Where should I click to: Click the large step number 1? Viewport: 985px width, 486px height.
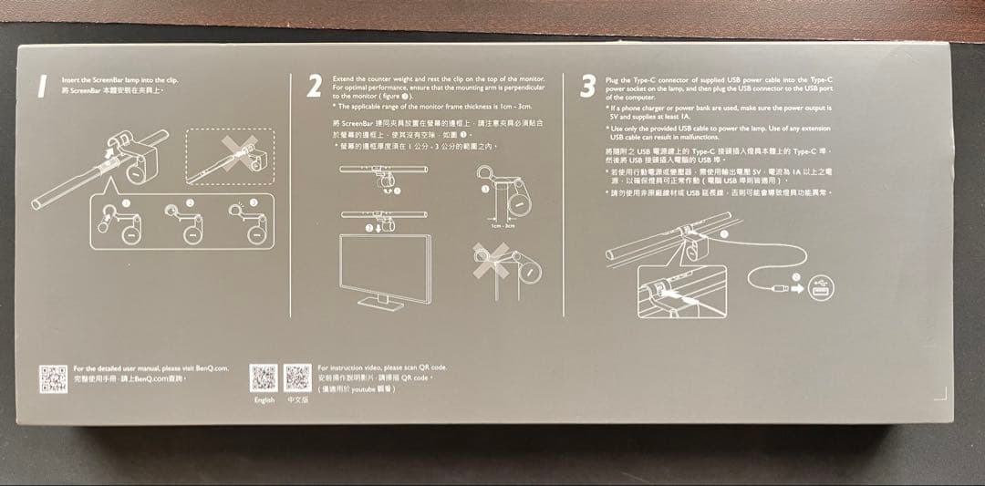(x=40, y=88)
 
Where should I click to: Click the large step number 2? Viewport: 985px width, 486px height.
(x=315, y=87)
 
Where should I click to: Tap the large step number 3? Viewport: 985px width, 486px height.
(x=588, y=88)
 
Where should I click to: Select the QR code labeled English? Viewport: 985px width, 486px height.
(x=264, y=377)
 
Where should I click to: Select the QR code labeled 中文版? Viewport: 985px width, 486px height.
(x=298, y=377)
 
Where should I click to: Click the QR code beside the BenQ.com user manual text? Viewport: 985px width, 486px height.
(x=51, y=377)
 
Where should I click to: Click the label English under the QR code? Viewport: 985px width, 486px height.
(x=264, y=400)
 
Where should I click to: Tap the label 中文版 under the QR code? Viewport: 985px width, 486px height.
(x=297, y=400)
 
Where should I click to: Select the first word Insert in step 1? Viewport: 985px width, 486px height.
(x=69, y=80)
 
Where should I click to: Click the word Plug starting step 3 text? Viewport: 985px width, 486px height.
(x=613, y=80)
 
